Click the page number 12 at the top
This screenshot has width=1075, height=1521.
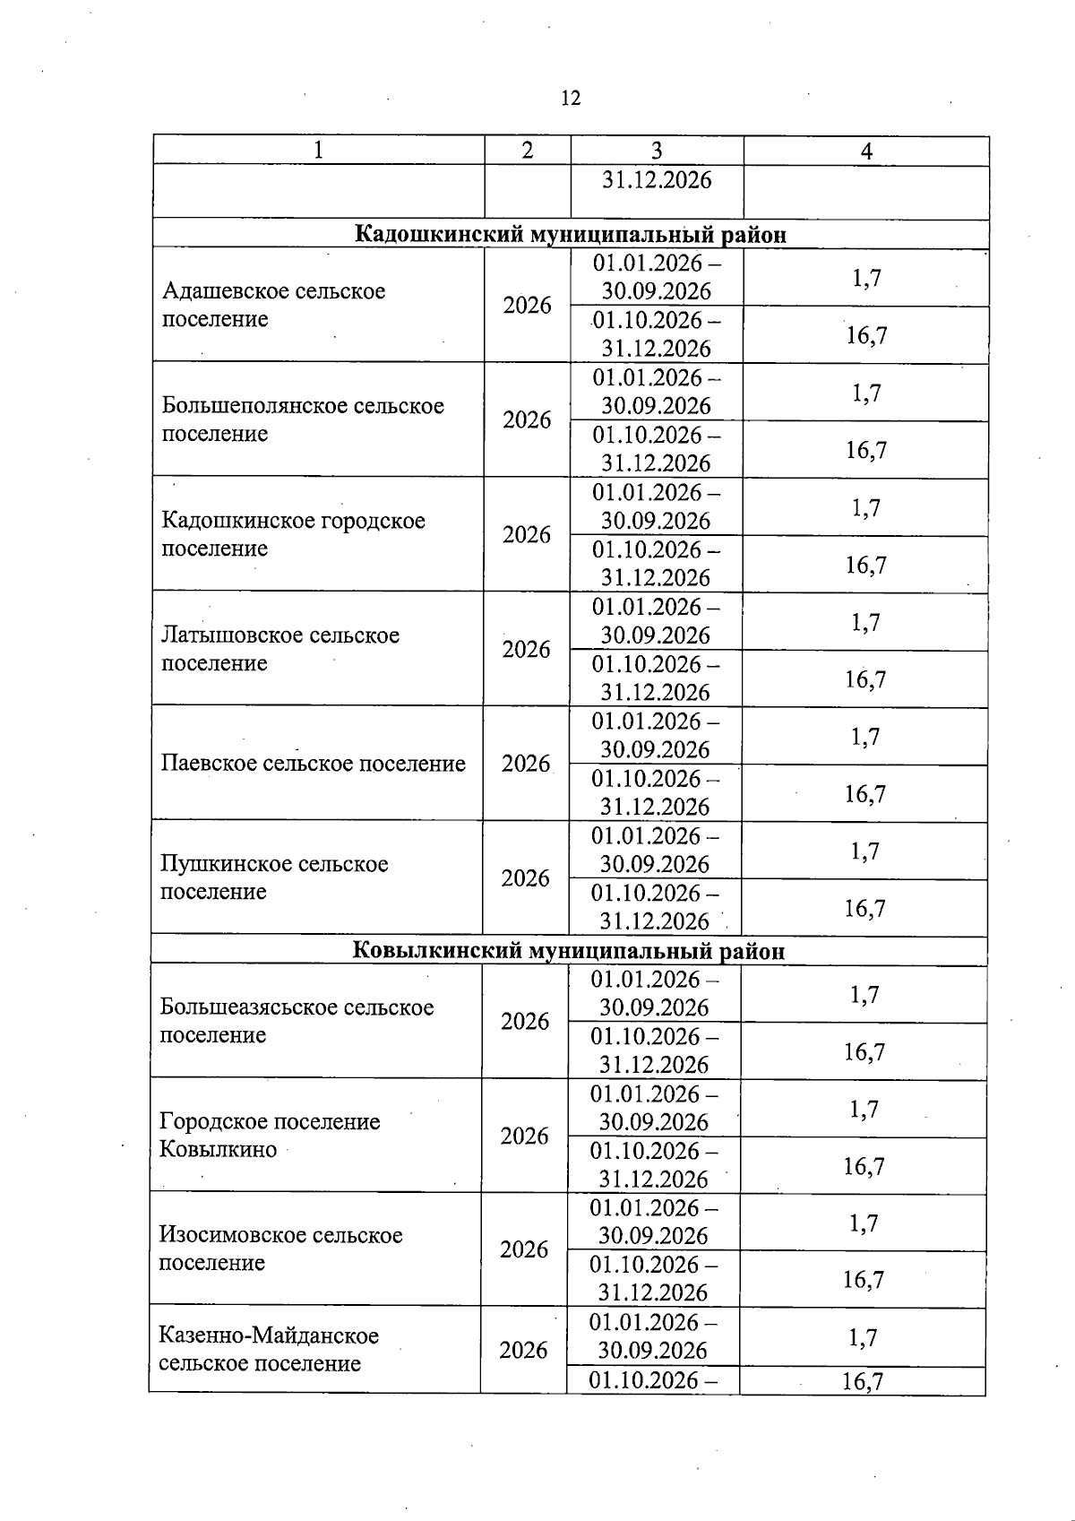[571, 98]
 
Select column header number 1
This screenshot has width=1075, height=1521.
[318, 151]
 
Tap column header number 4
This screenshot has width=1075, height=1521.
[866, 151]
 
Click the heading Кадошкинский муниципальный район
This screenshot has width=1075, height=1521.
[571, 235]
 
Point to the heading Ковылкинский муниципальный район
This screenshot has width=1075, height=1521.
[569, 951]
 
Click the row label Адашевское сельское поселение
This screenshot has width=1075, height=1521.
[273, 305]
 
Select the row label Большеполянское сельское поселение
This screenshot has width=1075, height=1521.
[303, 419]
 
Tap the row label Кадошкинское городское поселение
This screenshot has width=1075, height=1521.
[293, 534]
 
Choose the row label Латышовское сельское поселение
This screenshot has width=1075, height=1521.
[279, 649]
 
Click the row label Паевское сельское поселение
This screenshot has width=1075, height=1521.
[314, 764]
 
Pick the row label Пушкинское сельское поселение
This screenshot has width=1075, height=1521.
[274, 877]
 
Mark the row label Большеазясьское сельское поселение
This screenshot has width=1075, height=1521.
[297, 1021]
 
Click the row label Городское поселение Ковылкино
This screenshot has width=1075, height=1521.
[270, 1135]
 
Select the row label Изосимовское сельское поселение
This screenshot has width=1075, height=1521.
[280, 1249]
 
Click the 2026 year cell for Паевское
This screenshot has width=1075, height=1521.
[526, 764]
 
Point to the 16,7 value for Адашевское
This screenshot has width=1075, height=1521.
[866, 335]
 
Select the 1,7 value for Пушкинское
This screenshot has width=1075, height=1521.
[864, 851]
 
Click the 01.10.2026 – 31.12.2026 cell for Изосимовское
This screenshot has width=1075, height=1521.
[654, 1278]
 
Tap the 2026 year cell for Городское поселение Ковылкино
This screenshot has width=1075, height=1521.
[524, 1136]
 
